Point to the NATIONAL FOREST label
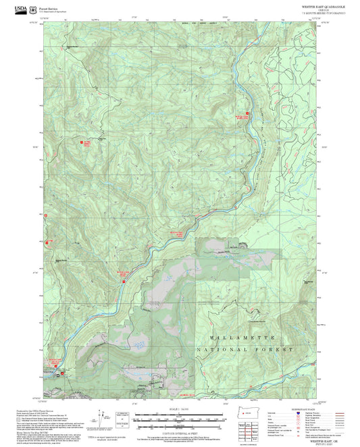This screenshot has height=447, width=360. pos(245,350)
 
